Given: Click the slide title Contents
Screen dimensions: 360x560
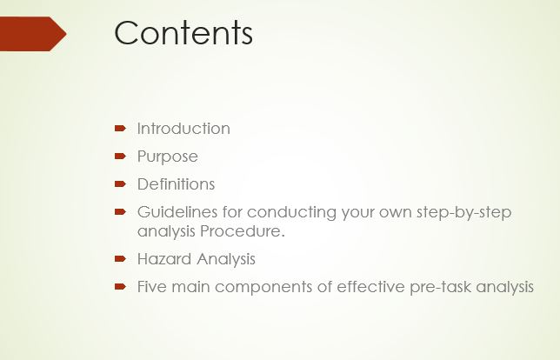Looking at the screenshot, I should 183,33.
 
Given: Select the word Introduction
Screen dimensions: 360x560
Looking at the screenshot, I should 183,129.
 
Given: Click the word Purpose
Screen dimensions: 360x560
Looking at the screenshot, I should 167,157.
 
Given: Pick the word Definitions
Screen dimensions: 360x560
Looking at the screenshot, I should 176,184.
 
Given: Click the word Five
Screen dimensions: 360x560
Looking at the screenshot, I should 151,287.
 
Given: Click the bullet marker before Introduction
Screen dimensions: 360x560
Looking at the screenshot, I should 121,129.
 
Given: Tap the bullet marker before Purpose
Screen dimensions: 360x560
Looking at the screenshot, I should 121,157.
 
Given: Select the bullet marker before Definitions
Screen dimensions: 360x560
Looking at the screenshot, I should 121,184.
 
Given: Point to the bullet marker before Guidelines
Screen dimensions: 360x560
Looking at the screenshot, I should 121,211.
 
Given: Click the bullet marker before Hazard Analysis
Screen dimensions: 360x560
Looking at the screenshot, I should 121,259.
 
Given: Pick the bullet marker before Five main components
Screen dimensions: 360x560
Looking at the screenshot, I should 121,287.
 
